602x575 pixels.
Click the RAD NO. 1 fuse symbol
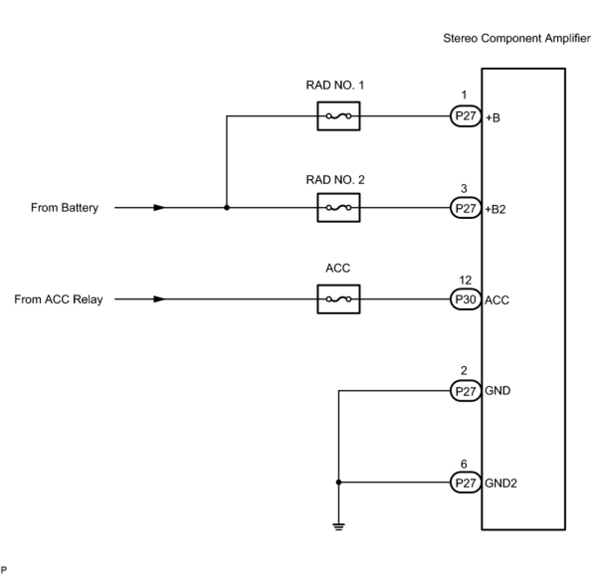(x=338, y=116)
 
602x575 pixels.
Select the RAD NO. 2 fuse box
(x=338, y=207)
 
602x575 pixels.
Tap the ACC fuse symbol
(x=338, y=299)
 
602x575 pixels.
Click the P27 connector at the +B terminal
(x=466, y=116)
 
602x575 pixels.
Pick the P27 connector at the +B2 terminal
(x=466, y=208)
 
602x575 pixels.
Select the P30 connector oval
(x=466, y=299)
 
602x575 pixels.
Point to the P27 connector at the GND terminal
(x=466, y=391)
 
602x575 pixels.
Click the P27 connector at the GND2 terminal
(x=466, y=482)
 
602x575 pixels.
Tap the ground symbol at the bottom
(x=338, y=526)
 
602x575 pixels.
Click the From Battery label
(x=65, y=207)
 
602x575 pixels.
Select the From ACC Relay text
(x=58, y=299)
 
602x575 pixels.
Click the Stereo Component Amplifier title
(x=516, y=38)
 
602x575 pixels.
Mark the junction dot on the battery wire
(x=227, y=207)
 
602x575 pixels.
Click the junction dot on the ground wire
(x=338, y=482)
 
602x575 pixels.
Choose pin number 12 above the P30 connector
(x=465, y=281)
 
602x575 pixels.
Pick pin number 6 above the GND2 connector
(x=464, y=464)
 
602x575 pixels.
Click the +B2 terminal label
(x=496, y=209)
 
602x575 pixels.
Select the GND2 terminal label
(x=501, y=483)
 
